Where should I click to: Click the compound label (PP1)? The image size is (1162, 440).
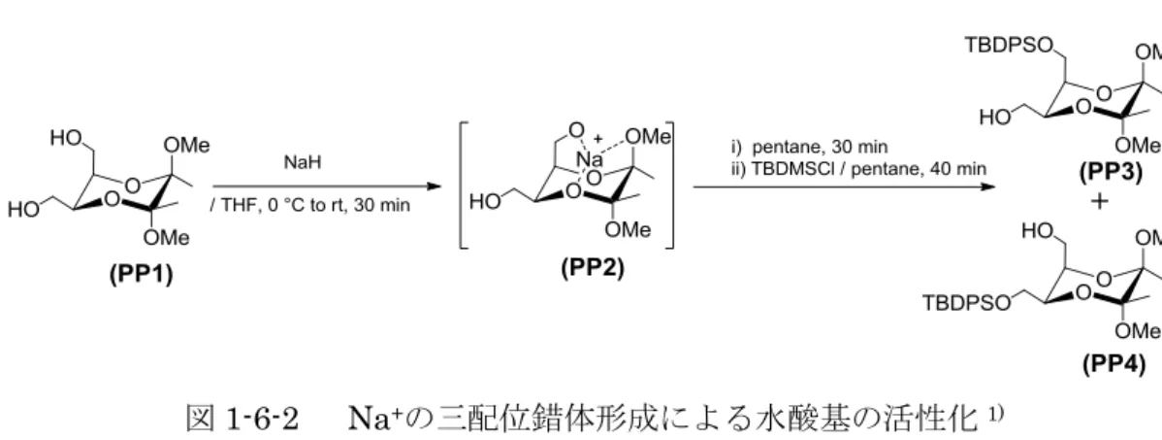point(141,275)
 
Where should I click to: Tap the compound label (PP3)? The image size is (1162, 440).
point(1110,175)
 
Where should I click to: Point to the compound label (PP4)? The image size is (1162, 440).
point(1114,363)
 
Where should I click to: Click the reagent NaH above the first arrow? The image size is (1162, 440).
point(303,162)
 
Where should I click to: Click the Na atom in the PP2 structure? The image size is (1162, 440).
point(592,161)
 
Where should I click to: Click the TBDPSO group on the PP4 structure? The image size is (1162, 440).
point(966,303)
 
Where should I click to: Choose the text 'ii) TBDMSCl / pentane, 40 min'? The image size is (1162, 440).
point(857,169)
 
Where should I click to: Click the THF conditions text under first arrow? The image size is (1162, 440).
point(309,206)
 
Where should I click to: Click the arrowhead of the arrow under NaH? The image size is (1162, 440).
point(434,187)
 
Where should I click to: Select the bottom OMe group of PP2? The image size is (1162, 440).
point(628,231)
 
